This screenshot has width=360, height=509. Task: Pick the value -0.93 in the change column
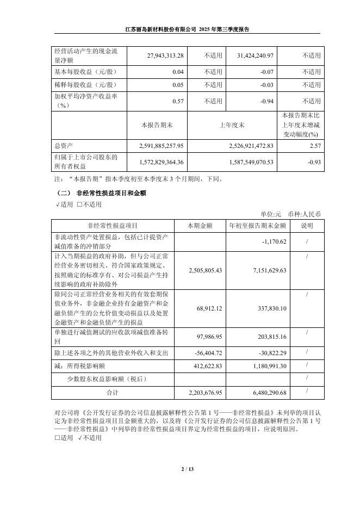312,162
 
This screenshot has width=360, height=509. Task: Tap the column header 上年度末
232,125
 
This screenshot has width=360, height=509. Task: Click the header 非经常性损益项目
113,226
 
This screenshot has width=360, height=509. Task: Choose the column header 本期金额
200,226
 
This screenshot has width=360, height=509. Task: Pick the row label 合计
113,392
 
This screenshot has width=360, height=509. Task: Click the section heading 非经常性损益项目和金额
108,193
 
